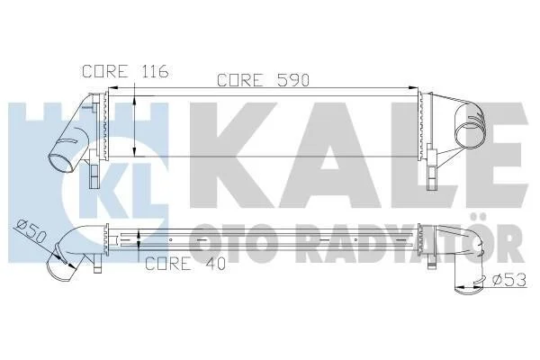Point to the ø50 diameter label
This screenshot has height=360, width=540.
(x=31, y=232)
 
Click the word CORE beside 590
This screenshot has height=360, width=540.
(x=240, y=81)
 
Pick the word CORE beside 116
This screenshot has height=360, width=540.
(x=105, y=71)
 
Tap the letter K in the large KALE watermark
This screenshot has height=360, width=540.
(x=233, y=155)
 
